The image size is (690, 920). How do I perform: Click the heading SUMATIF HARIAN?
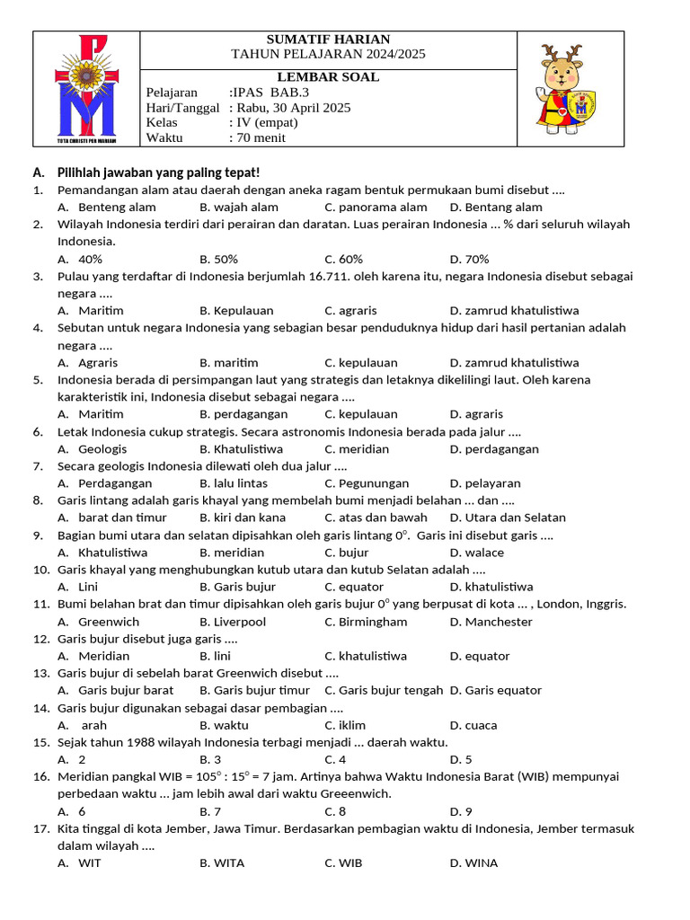coord(328,40)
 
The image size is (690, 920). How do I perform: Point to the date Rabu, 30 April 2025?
coord(289,108)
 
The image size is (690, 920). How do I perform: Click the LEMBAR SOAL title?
coord(328,77)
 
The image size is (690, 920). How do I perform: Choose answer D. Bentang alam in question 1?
coord(496,208)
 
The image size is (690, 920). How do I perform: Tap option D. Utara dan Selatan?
coord(508,517)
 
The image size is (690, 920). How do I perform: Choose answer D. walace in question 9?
coord(477,553)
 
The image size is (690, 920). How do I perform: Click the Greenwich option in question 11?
coord(109,622)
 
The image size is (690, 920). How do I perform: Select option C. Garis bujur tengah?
coord(384,690)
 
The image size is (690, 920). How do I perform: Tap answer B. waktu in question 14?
coord(225,725)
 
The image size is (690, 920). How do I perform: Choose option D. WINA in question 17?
coord(473,863)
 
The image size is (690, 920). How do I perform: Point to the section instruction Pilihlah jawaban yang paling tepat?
coord(158,172)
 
